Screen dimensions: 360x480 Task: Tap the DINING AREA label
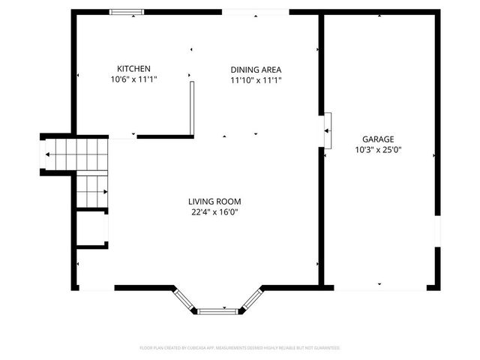[x=255, y=70]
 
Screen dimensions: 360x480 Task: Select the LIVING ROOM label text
[x=214, y=201]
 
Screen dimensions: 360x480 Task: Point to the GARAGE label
[x=378, y=139]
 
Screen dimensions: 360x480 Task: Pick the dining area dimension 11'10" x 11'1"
[x=255, y=80]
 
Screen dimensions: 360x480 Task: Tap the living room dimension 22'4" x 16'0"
[x=214, y=211]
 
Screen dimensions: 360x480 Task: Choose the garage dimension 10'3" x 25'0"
[x=378, y=149]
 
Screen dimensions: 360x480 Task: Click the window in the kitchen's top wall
[x=126, y=12]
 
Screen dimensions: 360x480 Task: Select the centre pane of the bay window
[x=217, y=310]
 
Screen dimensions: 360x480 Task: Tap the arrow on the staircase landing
[x=48, y=154]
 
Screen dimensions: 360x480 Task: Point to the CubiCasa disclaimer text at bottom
[x=240, y=348]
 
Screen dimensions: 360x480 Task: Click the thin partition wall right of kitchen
[x=192, y=109]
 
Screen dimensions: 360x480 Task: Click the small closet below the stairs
[x=91, y=229]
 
